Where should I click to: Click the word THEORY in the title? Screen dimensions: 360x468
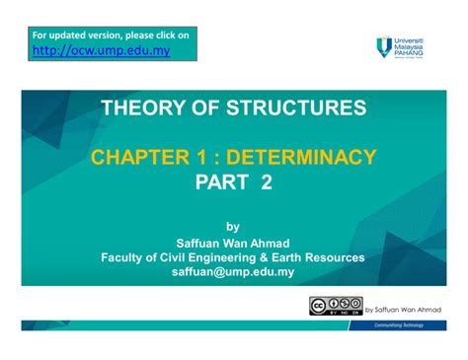[x=138, y=107]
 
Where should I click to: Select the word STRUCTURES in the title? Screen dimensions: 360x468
[x=286, y=107]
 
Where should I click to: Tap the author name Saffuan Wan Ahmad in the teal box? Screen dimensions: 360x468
[x=233, y=242]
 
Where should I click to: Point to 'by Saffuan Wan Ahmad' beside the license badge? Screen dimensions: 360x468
[x=403, y=309]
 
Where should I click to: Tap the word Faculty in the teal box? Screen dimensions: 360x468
[x=126, y=256]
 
